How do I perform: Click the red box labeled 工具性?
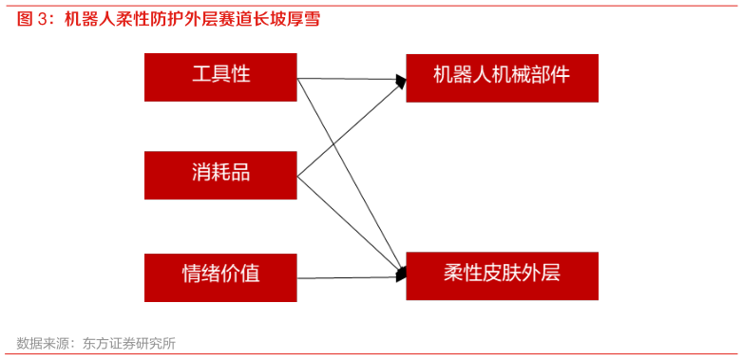point(220,77)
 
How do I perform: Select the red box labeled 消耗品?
point(220,175)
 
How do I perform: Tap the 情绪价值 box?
point(220,276)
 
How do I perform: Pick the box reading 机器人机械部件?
point(502,78)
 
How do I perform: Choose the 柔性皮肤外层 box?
point(502,275)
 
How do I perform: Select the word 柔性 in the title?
point(131,20)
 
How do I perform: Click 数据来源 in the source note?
point(42,343)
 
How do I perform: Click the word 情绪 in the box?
point(201,275)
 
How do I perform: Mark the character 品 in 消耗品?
point(240,173)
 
